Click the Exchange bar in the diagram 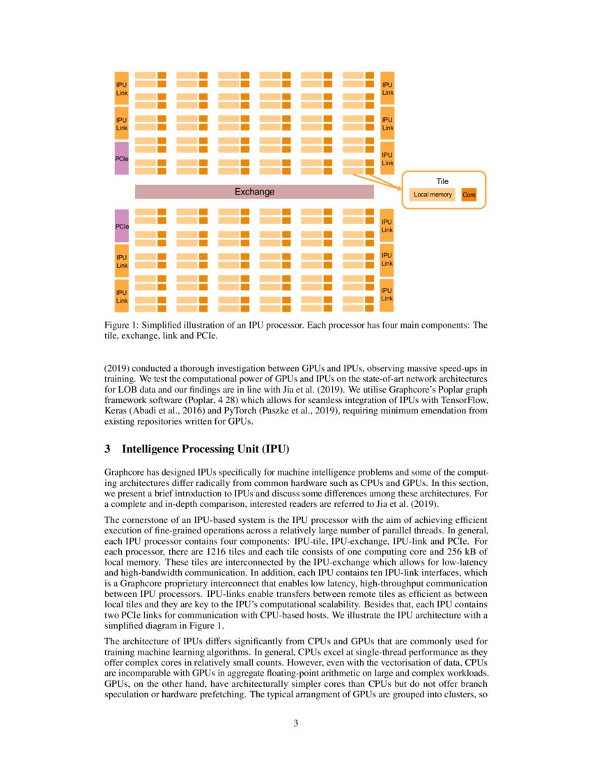pos(254,192)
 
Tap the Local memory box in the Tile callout pos(433,195)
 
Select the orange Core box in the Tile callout pos(469,195)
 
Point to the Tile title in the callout pos(442,181)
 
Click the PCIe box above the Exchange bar pos(122,158)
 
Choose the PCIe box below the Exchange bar pos(122,226)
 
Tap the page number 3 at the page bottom pos(296,722)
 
